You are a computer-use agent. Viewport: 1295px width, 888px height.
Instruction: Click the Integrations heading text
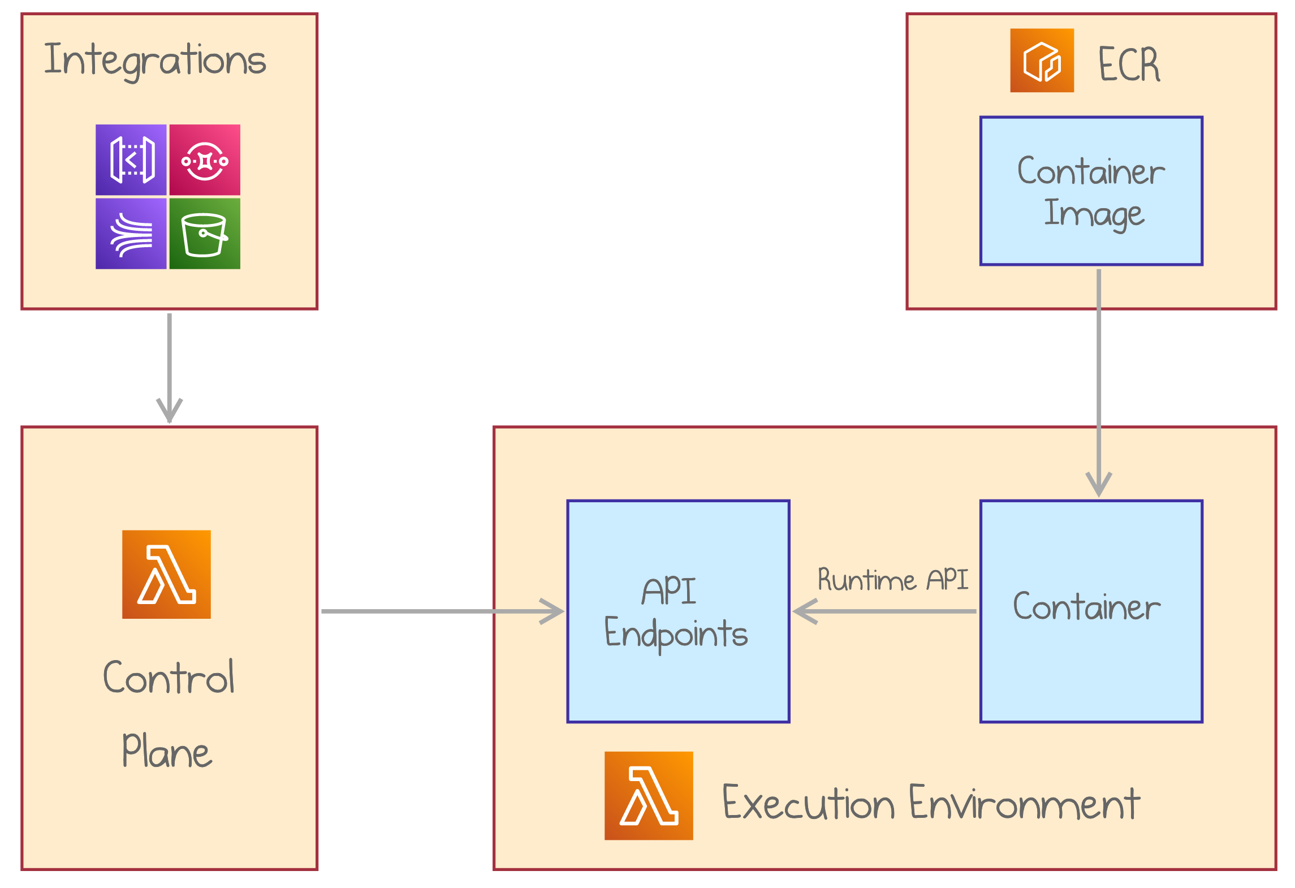click(x=155, y=60)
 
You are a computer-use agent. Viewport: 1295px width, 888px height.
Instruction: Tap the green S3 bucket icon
click(x=205, y=234)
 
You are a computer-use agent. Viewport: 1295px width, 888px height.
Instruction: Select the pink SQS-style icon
click(x=205, y=160)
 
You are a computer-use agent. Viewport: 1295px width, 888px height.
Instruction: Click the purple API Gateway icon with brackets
click(x=131, y=160)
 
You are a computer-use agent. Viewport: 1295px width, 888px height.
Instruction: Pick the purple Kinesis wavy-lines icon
click(x=131, y=234)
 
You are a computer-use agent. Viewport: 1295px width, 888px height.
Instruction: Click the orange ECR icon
click(x=1042, y=61)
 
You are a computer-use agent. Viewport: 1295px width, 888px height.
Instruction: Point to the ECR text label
click(x=1129, y=64)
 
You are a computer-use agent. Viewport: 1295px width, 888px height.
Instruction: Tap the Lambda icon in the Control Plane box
click(x=166, y=574)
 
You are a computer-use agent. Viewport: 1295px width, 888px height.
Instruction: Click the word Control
click(x=169, y=677)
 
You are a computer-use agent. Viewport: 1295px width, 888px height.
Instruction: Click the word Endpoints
click(x=676, y=633)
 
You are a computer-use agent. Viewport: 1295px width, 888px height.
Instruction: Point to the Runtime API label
click(x=893, y=580)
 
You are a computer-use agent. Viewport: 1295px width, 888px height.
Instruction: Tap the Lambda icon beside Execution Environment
click(x=649, y=795)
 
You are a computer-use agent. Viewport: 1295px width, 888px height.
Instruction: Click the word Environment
click(x=1024, y=803)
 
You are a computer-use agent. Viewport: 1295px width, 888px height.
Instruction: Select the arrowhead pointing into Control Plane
click(x=169, y=410)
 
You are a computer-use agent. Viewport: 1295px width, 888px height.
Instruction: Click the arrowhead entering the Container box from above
click(x=1099, y=484)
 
